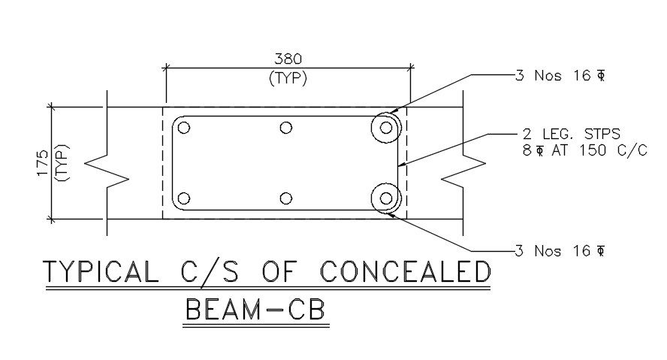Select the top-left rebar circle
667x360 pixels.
(x=184, y=128)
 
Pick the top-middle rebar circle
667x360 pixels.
(x=285, y=128)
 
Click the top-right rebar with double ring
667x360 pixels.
(x=386, y=128)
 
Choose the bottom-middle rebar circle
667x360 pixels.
(x=285, y=198)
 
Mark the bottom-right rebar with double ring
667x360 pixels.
(x=386, y=198)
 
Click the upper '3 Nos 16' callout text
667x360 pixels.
(x=560, y=75)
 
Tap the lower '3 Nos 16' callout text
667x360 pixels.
(x=560, y=250)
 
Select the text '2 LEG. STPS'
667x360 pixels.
(x=572, y=135)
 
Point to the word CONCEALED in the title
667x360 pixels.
(x=405, y=271)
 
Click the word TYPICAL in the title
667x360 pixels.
(x=101, y=271)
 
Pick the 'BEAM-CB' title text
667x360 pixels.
(x=256, y=311)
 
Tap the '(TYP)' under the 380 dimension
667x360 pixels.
(x=288, y=77)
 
